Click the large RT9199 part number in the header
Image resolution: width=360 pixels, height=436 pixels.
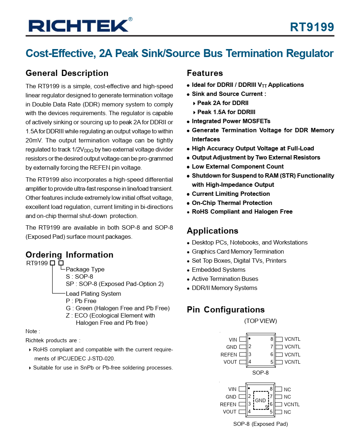(312, 27)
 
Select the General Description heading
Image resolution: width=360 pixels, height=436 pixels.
(67, 73)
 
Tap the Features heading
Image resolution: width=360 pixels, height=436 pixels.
(205, 73)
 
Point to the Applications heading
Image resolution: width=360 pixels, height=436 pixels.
(213, 231)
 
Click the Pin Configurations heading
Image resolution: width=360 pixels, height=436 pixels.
(226, 310)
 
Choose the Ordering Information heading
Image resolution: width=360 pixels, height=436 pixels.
(69, 255)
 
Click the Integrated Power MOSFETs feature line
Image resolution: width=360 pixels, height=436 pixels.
(231, 121)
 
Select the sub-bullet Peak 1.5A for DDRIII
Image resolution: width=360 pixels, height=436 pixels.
(226, 112)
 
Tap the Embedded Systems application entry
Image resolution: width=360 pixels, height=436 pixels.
(218, 270)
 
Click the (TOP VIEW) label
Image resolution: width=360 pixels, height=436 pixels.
(260, 321)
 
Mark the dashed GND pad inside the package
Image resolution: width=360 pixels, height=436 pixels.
(260, 400)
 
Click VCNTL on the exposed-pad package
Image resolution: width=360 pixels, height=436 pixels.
(292, 404)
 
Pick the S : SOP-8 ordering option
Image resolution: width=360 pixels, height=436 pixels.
(79, 276)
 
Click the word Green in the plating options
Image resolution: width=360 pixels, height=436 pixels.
(84, 308)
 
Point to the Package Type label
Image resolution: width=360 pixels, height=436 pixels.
(85, 269)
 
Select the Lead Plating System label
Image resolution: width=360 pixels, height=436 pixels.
(93, 294)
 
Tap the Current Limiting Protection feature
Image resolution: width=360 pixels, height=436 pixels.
(231, 194)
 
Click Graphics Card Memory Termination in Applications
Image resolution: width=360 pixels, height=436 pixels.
(238, 251)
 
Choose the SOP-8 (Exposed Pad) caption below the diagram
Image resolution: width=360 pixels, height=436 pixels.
(260, 424)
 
